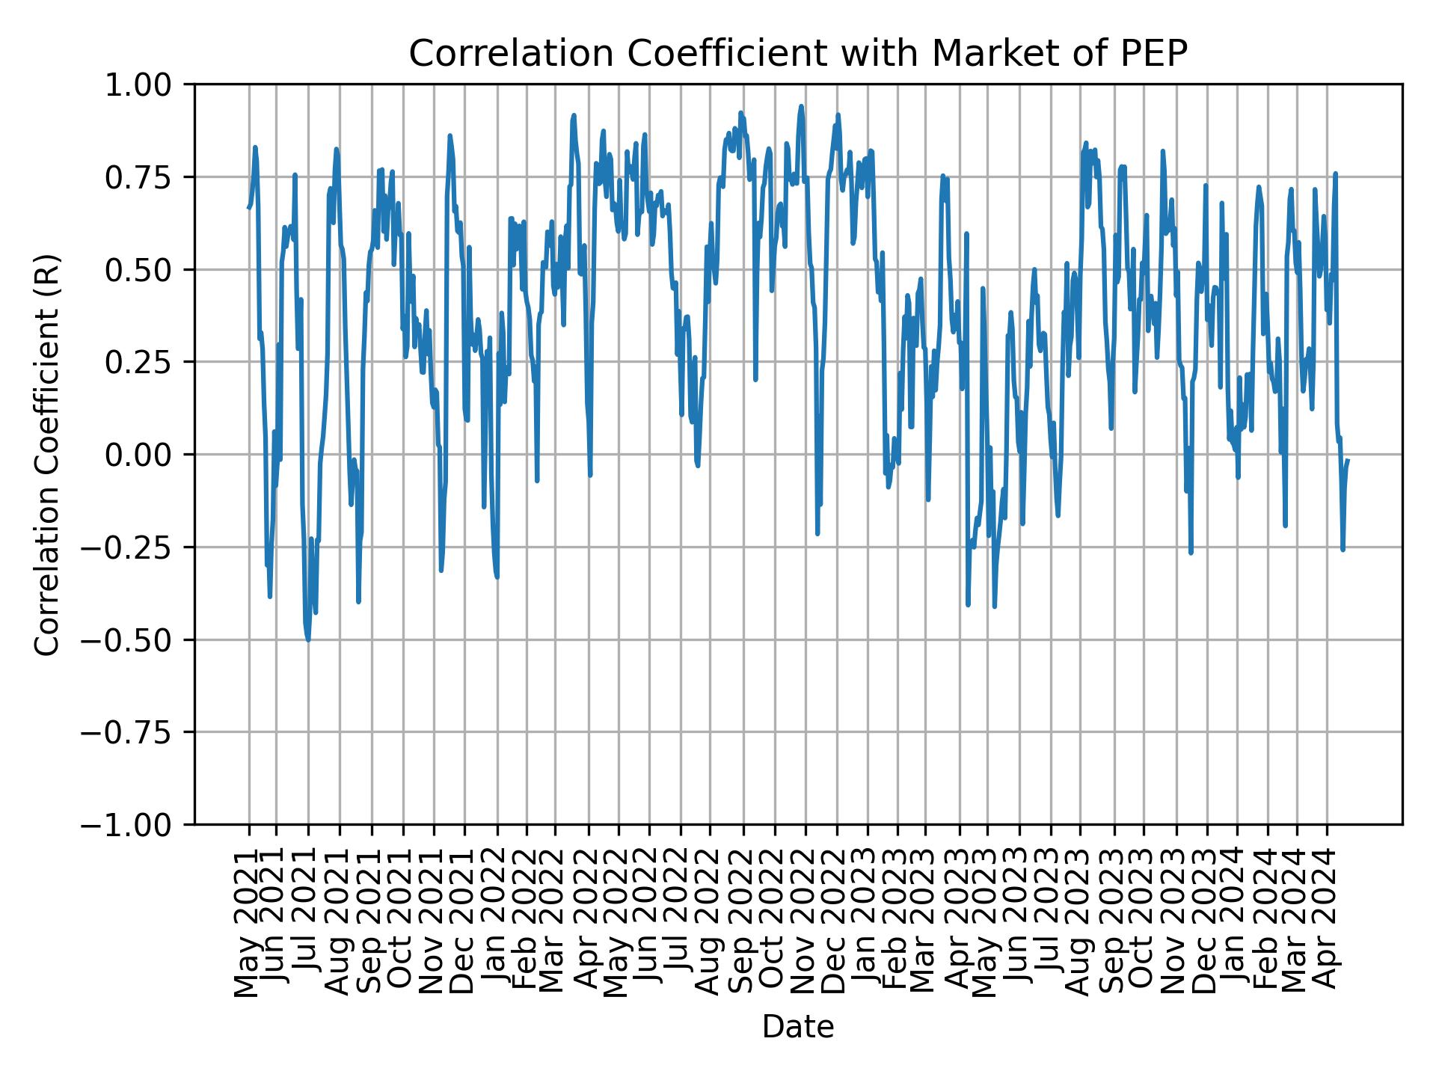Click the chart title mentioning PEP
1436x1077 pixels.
pyautogui.click(x=797, y=54)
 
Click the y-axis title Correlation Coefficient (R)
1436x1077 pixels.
pyautogui.click(x=46, y=455)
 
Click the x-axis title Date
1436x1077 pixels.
pyautogui.click(x=797, y=1028)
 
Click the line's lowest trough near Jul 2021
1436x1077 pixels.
pyautogui.click(x=308, y=639)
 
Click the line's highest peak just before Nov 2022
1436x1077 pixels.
pyautogui.click(x=801, y=106)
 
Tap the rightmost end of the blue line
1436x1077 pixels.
pyautogui.click(x=1348, y=461)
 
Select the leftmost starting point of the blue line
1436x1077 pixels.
pyautogui.click(x=248, y=207)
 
